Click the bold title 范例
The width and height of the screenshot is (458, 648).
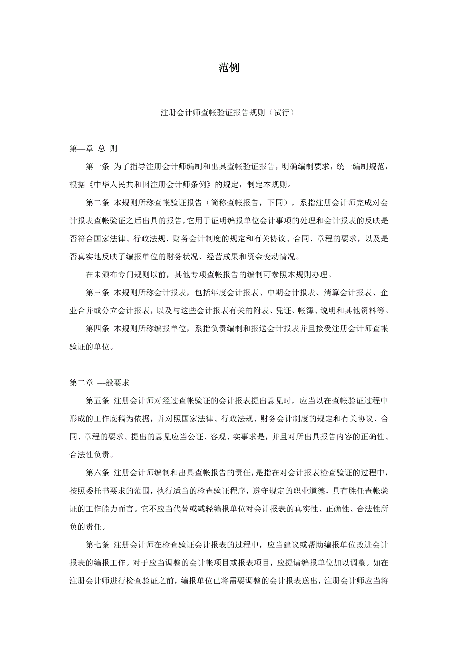coord(229,68)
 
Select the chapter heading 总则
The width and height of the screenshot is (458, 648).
coord(108,148)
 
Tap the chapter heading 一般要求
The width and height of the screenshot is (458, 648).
coord(113,383)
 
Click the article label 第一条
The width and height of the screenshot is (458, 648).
coord(97,167)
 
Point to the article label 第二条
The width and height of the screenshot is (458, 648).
coord(97,203)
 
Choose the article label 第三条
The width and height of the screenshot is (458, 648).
coord(97,293)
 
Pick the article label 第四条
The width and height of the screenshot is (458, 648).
coord(97,329)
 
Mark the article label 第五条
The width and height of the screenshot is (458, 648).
coord(97,401)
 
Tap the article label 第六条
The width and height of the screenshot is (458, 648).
coord(97,473)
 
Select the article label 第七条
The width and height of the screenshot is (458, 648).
coord(97,545)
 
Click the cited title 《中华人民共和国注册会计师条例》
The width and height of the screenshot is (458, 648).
coord(150,185)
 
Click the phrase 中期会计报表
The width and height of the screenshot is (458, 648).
coord(291,293)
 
